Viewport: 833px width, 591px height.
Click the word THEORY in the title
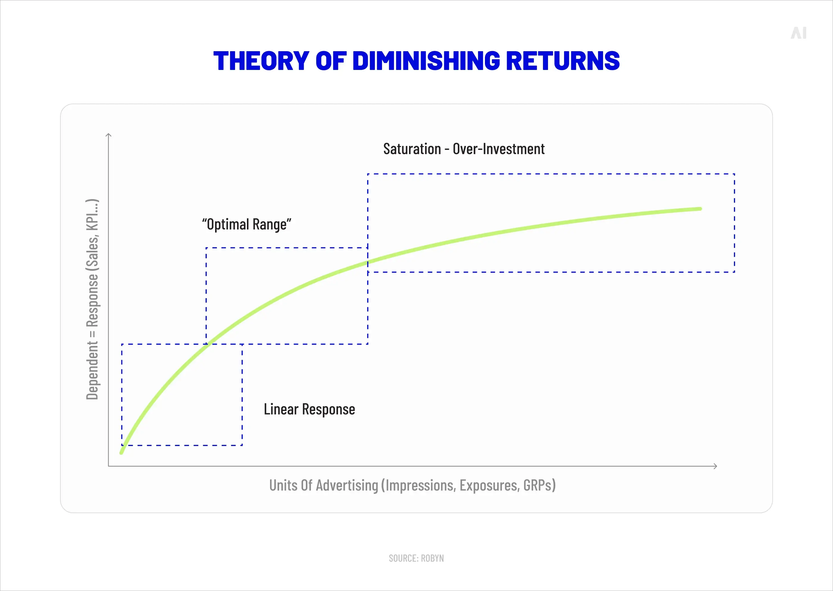261,61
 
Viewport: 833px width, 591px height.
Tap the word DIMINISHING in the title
426,61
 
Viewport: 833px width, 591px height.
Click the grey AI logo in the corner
798,33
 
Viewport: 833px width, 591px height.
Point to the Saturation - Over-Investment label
464,149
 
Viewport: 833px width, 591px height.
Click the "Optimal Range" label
247,224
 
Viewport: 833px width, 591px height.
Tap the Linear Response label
309,409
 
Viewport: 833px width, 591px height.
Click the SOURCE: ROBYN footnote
416,558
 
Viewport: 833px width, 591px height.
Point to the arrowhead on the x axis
715,466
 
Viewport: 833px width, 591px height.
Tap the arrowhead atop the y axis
108,135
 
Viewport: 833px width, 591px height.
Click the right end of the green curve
700,209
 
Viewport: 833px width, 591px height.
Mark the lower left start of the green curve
121,453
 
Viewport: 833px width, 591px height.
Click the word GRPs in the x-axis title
539,485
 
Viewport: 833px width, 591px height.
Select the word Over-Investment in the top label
498,149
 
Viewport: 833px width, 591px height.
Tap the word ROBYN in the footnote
433,558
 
